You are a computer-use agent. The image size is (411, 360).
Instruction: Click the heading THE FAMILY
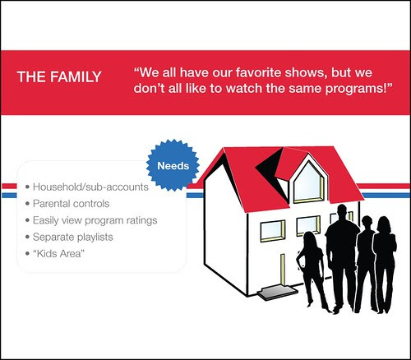[x=59, y=76]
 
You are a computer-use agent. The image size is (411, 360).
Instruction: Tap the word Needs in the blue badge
[x=173, y=166]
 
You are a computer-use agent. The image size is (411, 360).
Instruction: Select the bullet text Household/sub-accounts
[x=90, y=187]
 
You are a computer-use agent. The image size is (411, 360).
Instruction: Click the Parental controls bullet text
[x=71, y=204]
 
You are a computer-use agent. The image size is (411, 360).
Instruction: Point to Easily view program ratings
[x=95, y=220]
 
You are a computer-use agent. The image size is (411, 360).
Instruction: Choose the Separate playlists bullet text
[x=73, y=237]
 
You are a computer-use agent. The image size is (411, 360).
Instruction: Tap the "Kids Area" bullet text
[x=58, y=253]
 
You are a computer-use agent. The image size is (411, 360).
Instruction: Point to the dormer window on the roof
[x=308, y=182]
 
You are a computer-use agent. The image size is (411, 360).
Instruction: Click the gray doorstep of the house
[x=277, y=292]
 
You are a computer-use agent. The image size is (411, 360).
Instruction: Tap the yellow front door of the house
[x=283, y=269]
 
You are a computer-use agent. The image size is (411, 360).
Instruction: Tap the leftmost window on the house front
[x=272, y=231]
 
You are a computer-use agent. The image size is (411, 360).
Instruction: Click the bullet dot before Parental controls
[x=27, y=204]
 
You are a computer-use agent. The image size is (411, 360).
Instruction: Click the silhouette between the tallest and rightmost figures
[x=366, y=263]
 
